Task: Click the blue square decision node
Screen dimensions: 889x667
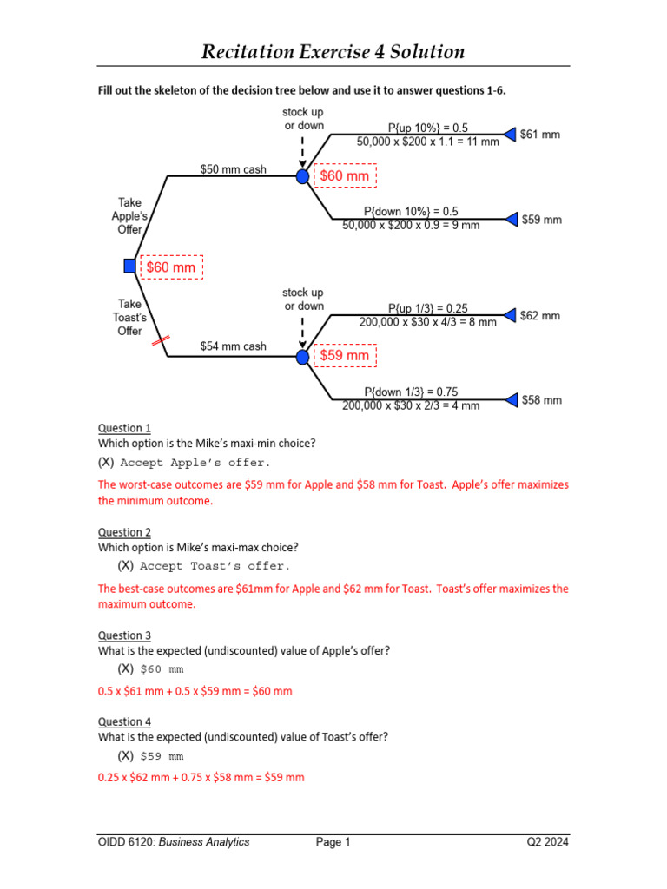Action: click(x=130, y=267)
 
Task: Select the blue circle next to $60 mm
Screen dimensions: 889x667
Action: click(x=302, y=176)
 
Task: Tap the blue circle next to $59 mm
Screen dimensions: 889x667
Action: click(x=302, y=356)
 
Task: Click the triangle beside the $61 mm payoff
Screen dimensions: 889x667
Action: click(x=511, y=135)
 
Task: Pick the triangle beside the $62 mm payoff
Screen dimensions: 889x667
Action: click(x=511, y=316)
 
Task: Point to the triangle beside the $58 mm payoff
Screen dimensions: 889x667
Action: click(x=511, y=400)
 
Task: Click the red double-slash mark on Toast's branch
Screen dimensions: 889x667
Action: click(x=159, y=344)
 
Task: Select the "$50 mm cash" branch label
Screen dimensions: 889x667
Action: click(x=234, y=169)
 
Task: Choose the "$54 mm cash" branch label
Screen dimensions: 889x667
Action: click(x=234, y=346)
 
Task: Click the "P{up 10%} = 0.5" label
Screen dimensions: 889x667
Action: click(x=427, y=128)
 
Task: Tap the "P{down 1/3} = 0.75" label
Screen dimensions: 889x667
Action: click(x=427, y=392)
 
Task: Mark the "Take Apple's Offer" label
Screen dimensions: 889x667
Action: click(x=129, y=216)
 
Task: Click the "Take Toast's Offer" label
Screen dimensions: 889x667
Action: click(x=129, y=317)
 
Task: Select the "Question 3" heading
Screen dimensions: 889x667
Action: click(x=124, y=635)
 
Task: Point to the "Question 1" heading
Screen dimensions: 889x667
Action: click(x=124, y=428)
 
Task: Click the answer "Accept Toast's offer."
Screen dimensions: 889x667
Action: click(x=214, y=565)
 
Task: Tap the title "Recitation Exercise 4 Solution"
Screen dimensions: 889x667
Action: click(x=333, y=52)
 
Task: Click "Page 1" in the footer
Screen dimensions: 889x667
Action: click(x=333, y=841)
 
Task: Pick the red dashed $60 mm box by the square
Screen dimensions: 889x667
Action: click(x=171, y=267)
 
